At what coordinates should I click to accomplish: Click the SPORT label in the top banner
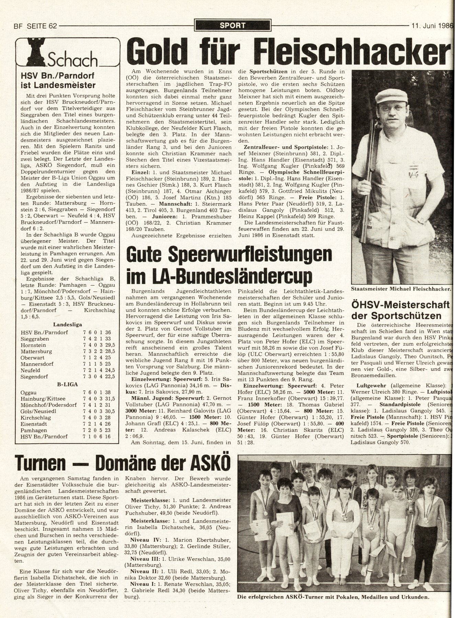coord(233,25)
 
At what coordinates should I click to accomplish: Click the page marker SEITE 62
coord(39,25)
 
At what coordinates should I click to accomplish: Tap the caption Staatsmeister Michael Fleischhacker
coord(401,289)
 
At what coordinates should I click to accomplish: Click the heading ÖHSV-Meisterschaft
coord(401,304)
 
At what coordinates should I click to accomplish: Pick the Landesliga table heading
coord(67,324)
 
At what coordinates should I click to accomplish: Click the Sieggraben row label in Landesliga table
coord(35,339)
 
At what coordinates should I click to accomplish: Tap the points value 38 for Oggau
coord(108,392)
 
